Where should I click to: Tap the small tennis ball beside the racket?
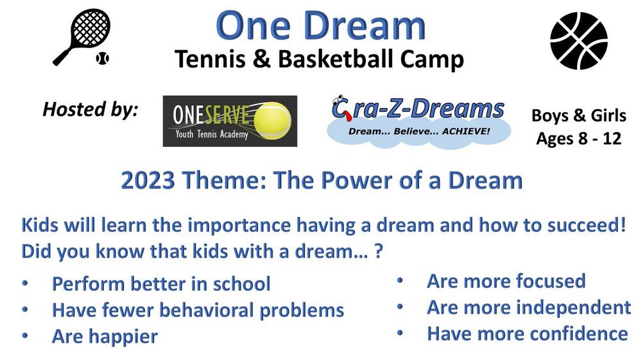103,58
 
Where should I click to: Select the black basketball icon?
578,40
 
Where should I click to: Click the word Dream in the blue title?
365,26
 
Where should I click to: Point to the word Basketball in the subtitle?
336,59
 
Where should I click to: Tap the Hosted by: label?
91,110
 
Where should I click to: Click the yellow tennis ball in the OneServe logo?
273,121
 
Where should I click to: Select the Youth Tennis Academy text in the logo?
212,134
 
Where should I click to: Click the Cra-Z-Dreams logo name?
418,108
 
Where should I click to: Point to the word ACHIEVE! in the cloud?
466,131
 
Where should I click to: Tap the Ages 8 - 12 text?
578,139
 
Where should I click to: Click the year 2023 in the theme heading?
148,180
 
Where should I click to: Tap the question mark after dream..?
379,251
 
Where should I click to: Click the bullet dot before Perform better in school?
25,283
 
